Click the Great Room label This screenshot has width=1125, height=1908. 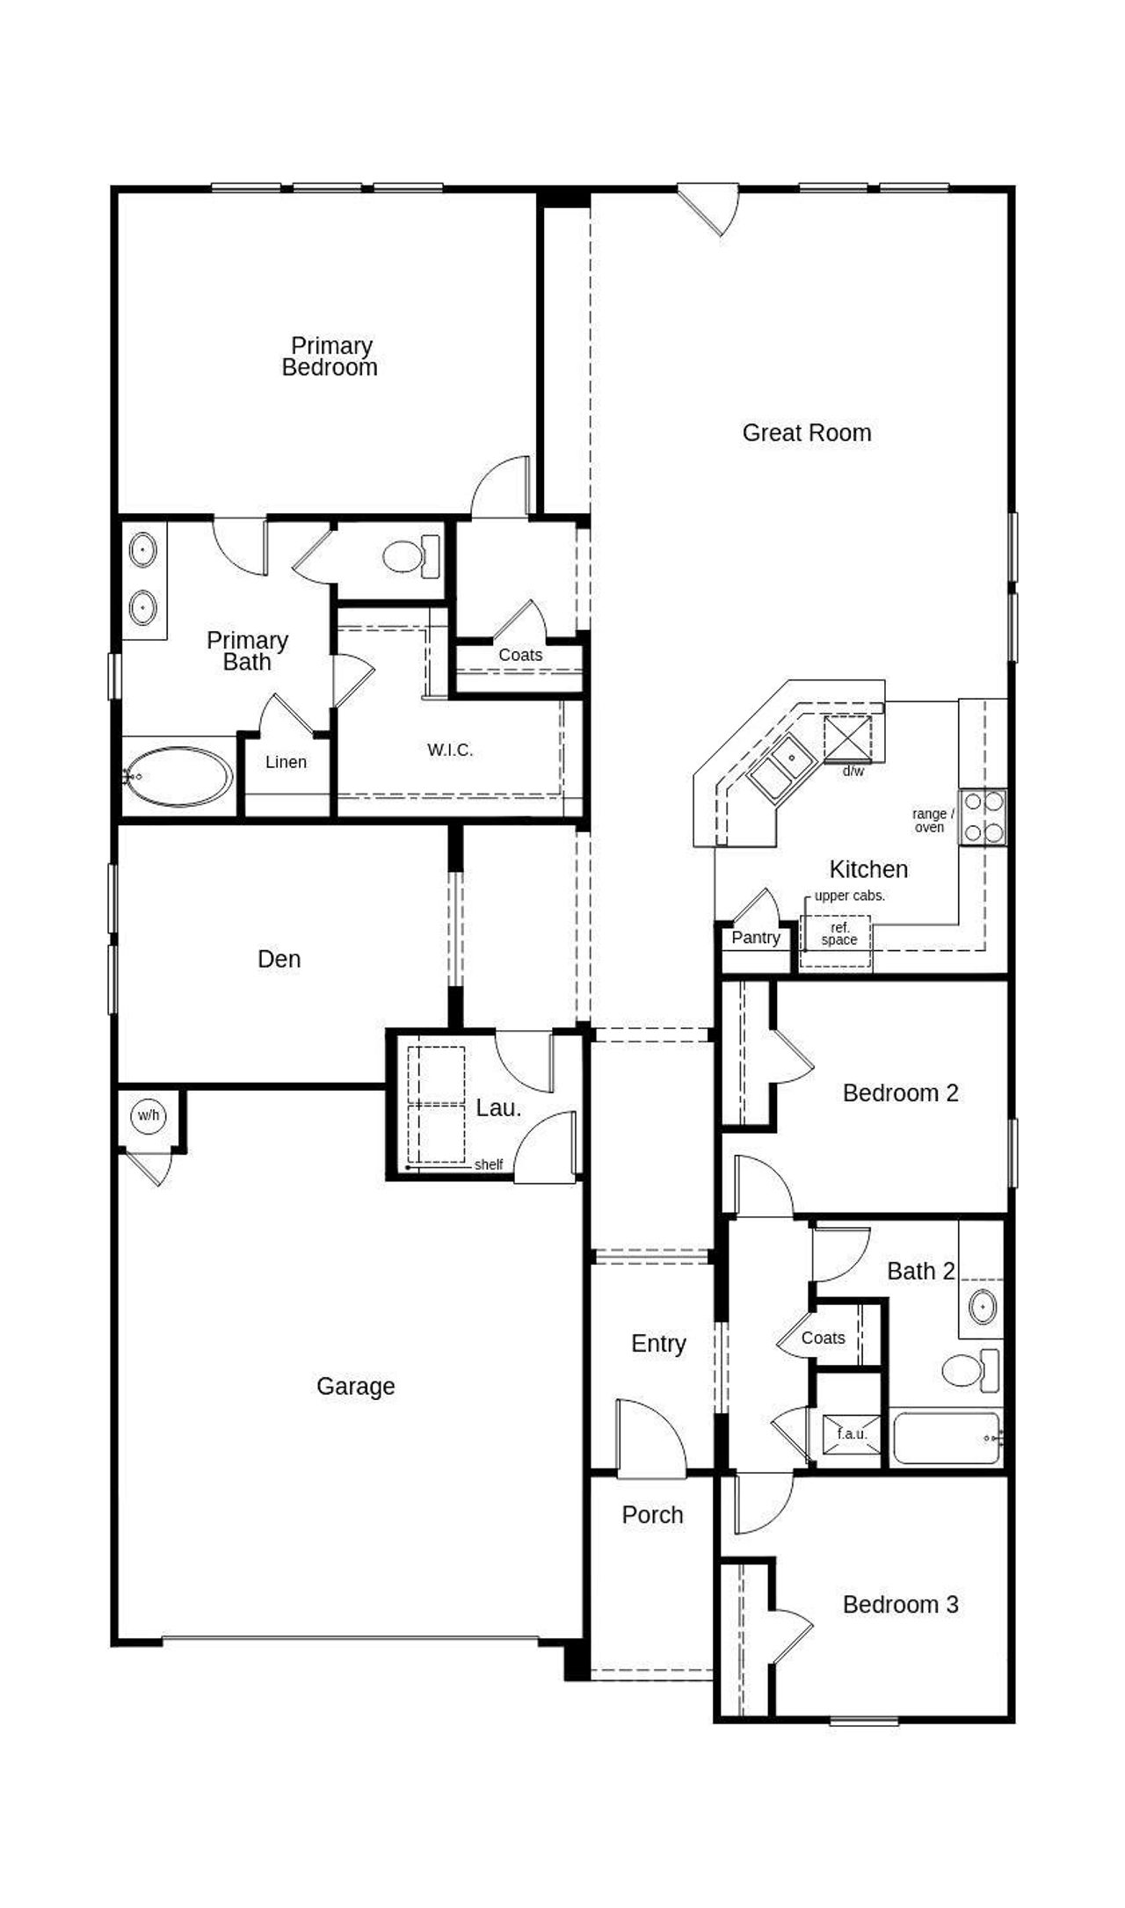[806, 432]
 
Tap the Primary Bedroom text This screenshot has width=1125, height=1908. [330, 357]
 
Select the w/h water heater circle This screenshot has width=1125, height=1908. [149, 1116]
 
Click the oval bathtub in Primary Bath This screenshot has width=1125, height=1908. [178, 776]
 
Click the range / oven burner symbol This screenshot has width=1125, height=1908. [982, 817]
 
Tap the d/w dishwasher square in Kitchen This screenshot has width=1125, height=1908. [847, 738]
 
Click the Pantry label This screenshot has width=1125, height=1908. [755, 938]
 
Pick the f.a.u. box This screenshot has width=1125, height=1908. [851, 1433]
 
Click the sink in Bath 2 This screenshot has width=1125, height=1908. [982, 1307]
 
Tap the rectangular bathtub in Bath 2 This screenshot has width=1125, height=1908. [946, 1438]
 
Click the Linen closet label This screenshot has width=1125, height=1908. [286, 762]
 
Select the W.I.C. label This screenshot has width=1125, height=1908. [450, 750]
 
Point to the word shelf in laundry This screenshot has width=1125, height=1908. [488, 1164]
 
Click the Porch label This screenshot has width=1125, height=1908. [652, 1514]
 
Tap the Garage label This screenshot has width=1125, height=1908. [355, 1386]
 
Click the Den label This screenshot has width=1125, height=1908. [279, 959]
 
